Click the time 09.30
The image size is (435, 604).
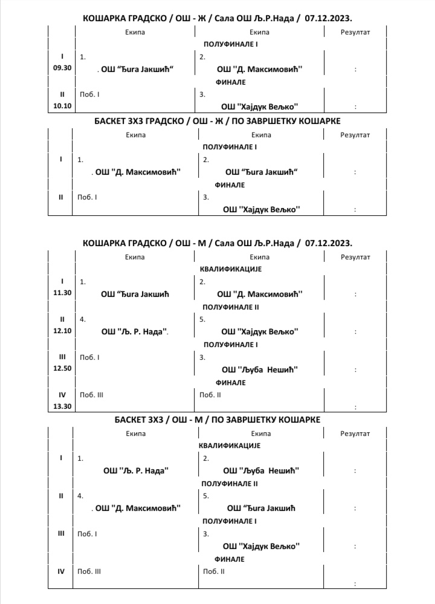62,68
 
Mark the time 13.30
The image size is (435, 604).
62,406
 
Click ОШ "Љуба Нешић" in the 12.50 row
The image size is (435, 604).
260,369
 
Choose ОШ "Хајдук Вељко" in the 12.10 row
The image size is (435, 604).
260,332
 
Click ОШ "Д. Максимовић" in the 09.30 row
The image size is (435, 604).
260,69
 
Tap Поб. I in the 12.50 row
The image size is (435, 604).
89,357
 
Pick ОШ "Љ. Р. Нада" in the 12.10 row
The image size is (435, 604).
135,332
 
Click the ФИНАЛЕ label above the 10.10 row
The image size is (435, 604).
230,82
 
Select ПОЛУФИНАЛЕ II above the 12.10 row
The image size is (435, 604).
230,307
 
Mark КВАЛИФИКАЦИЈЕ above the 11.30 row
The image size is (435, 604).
230,269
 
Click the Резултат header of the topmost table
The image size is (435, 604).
355,31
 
